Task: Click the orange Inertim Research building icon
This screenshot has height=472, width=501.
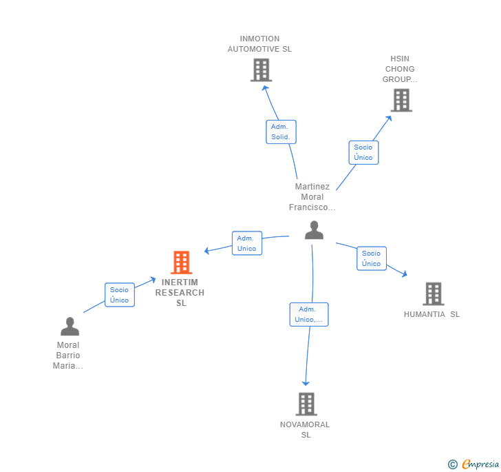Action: (181, 263)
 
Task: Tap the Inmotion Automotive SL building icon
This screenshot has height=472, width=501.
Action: (261, 70)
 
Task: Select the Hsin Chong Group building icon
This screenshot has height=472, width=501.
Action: (401, 100)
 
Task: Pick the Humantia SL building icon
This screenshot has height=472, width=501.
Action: (433, 294)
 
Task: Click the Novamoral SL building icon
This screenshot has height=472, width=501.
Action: (306, 404)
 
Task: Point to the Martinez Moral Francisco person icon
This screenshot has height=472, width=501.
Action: (314, 230)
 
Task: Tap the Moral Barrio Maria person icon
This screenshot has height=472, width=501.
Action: (70, 326)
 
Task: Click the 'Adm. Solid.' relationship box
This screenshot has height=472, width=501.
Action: (281, 132)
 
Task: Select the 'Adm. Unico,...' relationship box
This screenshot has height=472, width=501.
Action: (309, 314)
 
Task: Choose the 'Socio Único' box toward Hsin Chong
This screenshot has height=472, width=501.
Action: (363, 152)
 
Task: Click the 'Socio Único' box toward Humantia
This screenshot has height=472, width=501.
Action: (371, 258)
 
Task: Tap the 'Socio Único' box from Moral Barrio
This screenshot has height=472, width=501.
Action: (119, 295)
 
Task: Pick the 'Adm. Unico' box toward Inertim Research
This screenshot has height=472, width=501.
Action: (246, 243)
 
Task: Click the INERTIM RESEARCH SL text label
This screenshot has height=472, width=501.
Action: (180, 293)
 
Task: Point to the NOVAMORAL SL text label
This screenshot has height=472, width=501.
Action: (305, 429)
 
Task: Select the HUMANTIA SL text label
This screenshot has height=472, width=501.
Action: (431, 314)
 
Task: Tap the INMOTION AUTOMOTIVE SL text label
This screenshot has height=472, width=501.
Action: (259, 44)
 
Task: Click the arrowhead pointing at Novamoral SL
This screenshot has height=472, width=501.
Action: (306, 383)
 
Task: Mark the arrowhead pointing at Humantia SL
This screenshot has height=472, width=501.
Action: (404, 274)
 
